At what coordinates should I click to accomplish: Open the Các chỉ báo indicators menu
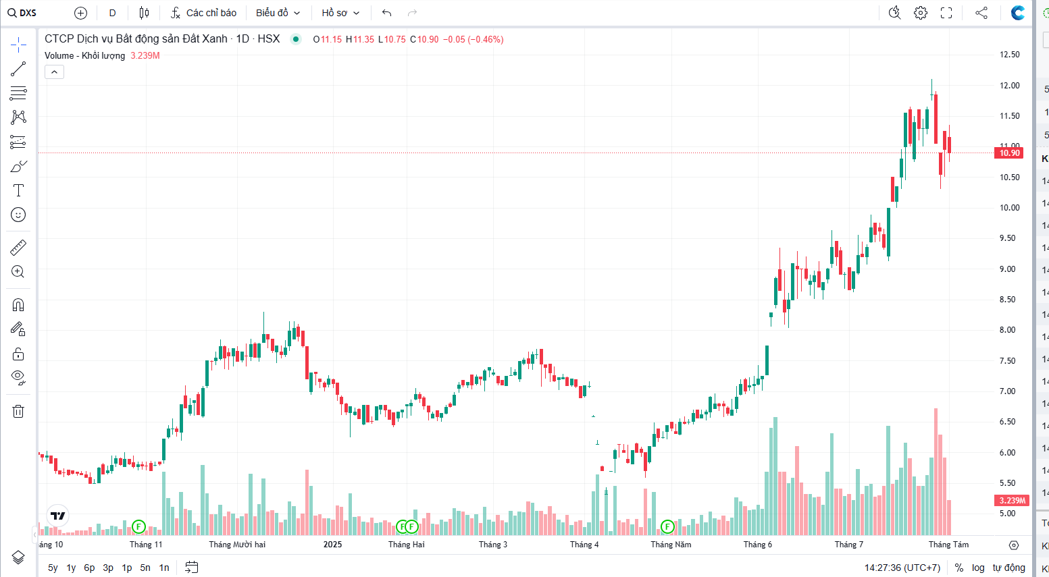coord(203,13)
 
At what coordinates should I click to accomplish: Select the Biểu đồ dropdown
coord(278,13)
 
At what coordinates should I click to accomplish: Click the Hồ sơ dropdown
coord(340,13)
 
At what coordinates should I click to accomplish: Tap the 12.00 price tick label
coord(1010,86)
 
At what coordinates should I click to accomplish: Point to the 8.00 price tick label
coord(1008,330)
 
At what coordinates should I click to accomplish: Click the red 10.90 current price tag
coord(1009,153)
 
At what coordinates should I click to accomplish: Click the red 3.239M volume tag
coord(1012,501)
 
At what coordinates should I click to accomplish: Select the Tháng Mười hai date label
coord(237,545)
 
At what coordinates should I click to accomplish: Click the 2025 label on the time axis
coord(332,545)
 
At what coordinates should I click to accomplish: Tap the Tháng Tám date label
coord(948,545)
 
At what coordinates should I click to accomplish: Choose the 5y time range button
coord(53,568)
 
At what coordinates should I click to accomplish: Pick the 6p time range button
coord(89,568)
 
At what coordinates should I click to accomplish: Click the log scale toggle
coord(978,568)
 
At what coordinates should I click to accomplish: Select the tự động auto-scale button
coord(1008,568)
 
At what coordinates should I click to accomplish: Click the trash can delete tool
coord(18,411)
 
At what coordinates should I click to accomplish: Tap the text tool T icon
coord(18,191)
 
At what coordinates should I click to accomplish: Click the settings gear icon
coord(920,13)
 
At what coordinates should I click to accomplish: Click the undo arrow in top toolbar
coord(386,13)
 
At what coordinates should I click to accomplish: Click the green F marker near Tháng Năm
coord(667,526)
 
